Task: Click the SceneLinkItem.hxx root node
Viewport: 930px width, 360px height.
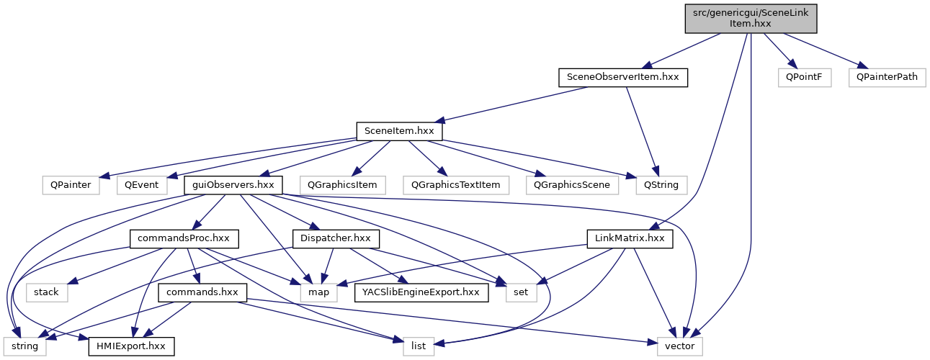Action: [x=751, y=18]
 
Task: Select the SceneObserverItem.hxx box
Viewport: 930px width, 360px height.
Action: [x=623, y=77]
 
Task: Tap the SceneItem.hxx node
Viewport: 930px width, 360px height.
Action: [x=399, y=131]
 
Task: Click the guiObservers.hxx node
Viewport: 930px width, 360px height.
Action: [x=233, y=184]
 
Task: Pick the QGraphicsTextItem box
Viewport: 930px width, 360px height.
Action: [x=456, y=184]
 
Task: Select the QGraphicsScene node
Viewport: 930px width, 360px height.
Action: [x=572, y=184]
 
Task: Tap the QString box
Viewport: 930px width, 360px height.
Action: [x=661, y=184]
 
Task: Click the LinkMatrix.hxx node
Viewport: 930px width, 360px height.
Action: [x=630, y=238]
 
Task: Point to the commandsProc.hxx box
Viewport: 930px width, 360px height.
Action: [x=184, y=238]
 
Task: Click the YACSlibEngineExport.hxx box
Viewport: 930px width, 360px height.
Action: [x=421, y=292]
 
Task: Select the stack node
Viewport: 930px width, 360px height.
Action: [x=47, y=292]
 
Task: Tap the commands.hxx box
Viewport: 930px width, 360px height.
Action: [x=202, y=292]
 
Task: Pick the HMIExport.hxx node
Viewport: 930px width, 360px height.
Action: [x=131, y=346]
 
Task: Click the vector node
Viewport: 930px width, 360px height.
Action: [x=679, y=346]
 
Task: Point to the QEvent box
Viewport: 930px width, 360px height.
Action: [x=142, y=184]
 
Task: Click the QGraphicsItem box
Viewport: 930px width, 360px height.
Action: [x=343, y=184]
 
